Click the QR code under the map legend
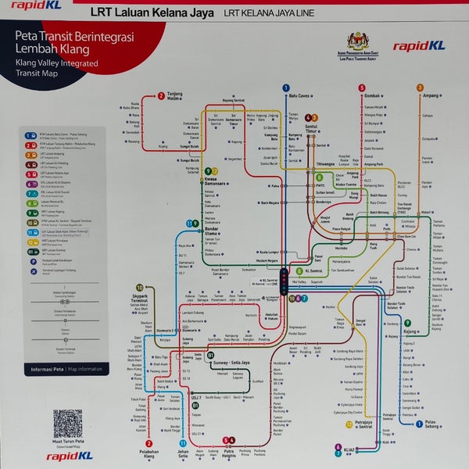point(68,424)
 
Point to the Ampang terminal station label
point(433,96)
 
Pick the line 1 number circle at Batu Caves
point(286,89)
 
